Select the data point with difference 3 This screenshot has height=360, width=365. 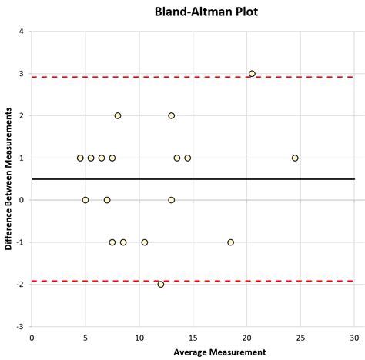point(252,74)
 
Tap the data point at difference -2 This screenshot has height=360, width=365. point(160,284)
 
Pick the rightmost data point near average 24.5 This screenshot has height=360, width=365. point(295,158)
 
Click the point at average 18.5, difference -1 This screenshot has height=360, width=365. point(230,242)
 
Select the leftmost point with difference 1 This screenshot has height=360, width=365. point(80,158)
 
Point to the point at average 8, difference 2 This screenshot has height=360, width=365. point(118,115)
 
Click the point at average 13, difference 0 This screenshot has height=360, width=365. point(171,200)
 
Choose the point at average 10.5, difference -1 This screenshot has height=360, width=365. point(144,242)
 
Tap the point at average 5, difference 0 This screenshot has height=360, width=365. point(85,200)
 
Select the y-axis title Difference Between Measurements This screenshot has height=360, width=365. point(8,178)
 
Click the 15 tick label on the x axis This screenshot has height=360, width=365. point(193,336)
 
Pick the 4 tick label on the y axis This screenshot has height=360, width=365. point(22,32)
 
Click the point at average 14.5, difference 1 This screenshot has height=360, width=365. point(187,158)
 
